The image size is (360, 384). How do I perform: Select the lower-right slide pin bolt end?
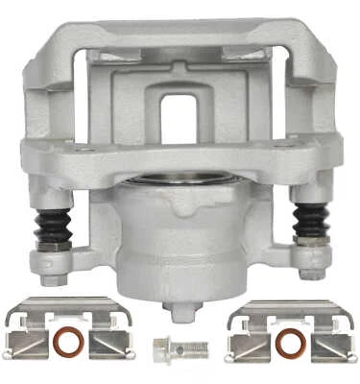310,272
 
